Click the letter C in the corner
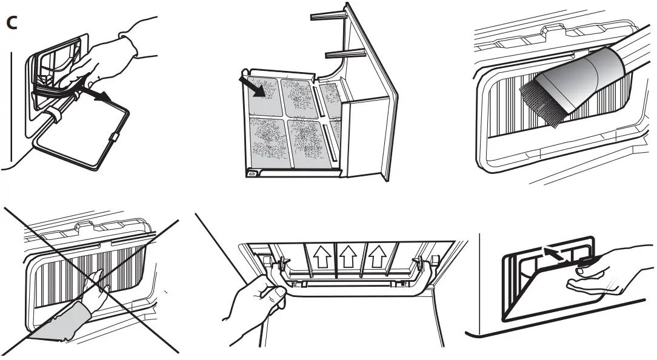11,24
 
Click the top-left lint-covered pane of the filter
264,96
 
